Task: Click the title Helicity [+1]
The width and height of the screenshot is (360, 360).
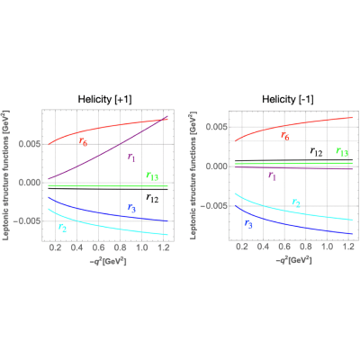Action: pyautogui.click(x=104, y=99)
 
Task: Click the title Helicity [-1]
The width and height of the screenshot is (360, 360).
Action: pyautogui.click(x=288, y=99)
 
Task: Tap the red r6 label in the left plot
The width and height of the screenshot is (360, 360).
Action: pyautogui.click(x=83, y=141)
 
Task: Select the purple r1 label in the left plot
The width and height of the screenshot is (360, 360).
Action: pyautogui.click(x=131, y=157)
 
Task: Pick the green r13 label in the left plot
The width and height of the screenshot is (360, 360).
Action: pyautogui.click(x=152, y=175)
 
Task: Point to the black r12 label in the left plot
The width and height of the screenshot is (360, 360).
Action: pyautogui.click(x=152, y=198)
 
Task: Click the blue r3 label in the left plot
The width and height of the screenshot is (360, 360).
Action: pyautogui.click(x=131, y=208)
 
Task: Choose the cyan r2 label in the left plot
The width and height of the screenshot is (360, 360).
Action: pyautogui.click(x=62, y=228)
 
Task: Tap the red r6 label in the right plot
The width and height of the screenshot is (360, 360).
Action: pyautogui.click(x=285, y=136)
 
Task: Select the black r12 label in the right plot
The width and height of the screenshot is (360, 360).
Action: pyautogui.click(x=316, y=152)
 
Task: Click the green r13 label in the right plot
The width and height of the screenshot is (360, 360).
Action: pyautogui.click(x=342, y=152)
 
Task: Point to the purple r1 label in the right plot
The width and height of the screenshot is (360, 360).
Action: pyautogui.click(x=272, y=175)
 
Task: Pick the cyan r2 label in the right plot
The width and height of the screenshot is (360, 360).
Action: pyautogui.click(x=296, y=202)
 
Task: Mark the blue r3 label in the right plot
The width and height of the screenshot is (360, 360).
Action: pyautogui.click(x=248, y=223)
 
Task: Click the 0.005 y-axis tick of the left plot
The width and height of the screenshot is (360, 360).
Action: pyautogui.click(x=29, y=144)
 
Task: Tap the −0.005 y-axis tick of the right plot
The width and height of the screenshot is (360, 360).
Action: pyautogui.click(x=213, y=206)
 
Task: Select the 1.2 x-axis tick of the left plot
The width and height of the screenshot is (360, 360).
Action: pyautogui.click(x=164, y=247)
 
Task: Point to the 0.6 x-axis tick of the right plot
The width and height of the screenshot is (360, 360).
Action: pyautogui.click(x=284, y=247)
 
